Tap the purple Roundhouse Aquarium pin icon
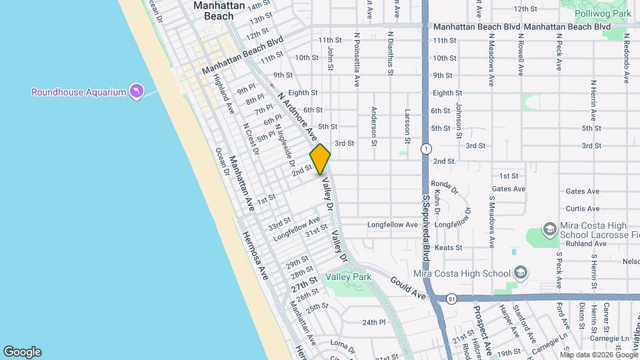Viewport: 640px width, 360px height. (x=137, y=90)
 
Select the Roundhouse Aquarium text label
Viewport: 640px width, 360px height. (x=79, y=92)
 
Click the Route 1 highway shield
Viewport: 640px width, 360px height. (x=425, y=148)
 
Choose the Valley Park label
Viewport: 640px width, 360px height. (x=348, y=277)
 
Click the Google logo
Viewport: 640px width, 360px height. (x=22, y=351)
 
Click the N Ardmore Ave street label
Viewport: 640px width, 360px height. (x=298, y=115)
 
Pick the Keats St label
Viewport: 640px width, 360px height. (x=448, y=247)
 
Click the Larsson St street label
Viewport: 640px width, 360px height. (x=407, y=125)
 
